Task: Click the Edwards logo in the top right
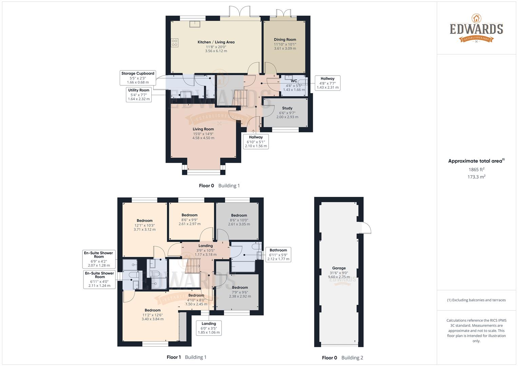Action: coord(476,28)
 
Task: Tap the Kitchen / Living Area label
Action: coord(216,42)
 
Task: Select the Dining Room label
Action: coord(285,40)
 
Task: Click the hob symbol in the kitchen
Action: coord(175,43)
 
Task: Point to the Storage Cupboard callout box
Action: coord(138,78)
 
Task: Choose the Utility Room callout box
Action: coord(139,95)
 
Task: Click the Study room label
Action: coord(287,108)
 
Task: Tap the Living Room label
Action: coord(203,129)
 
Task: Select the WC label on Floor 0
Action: coord(294,81)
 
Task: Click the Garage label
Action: coord(339,268)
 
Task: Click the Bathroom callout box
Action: coord(278,255)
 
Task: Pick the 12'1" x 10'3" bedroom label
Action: coord(145,221)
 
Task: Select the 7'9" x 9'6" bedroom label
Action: coord(240,287)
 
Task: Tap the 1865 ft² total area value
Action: coord(476,169)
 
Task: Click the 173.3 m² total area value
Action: coord(476,177)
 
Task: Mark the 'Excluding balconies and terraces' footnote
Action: coord(476,300)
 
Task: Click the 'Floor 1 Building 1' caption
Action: coord(187,357)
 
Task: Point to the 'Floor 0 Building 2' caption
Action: coord(342,358)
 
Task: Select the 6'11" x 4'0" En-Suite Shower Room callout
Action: coord(100,279)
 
